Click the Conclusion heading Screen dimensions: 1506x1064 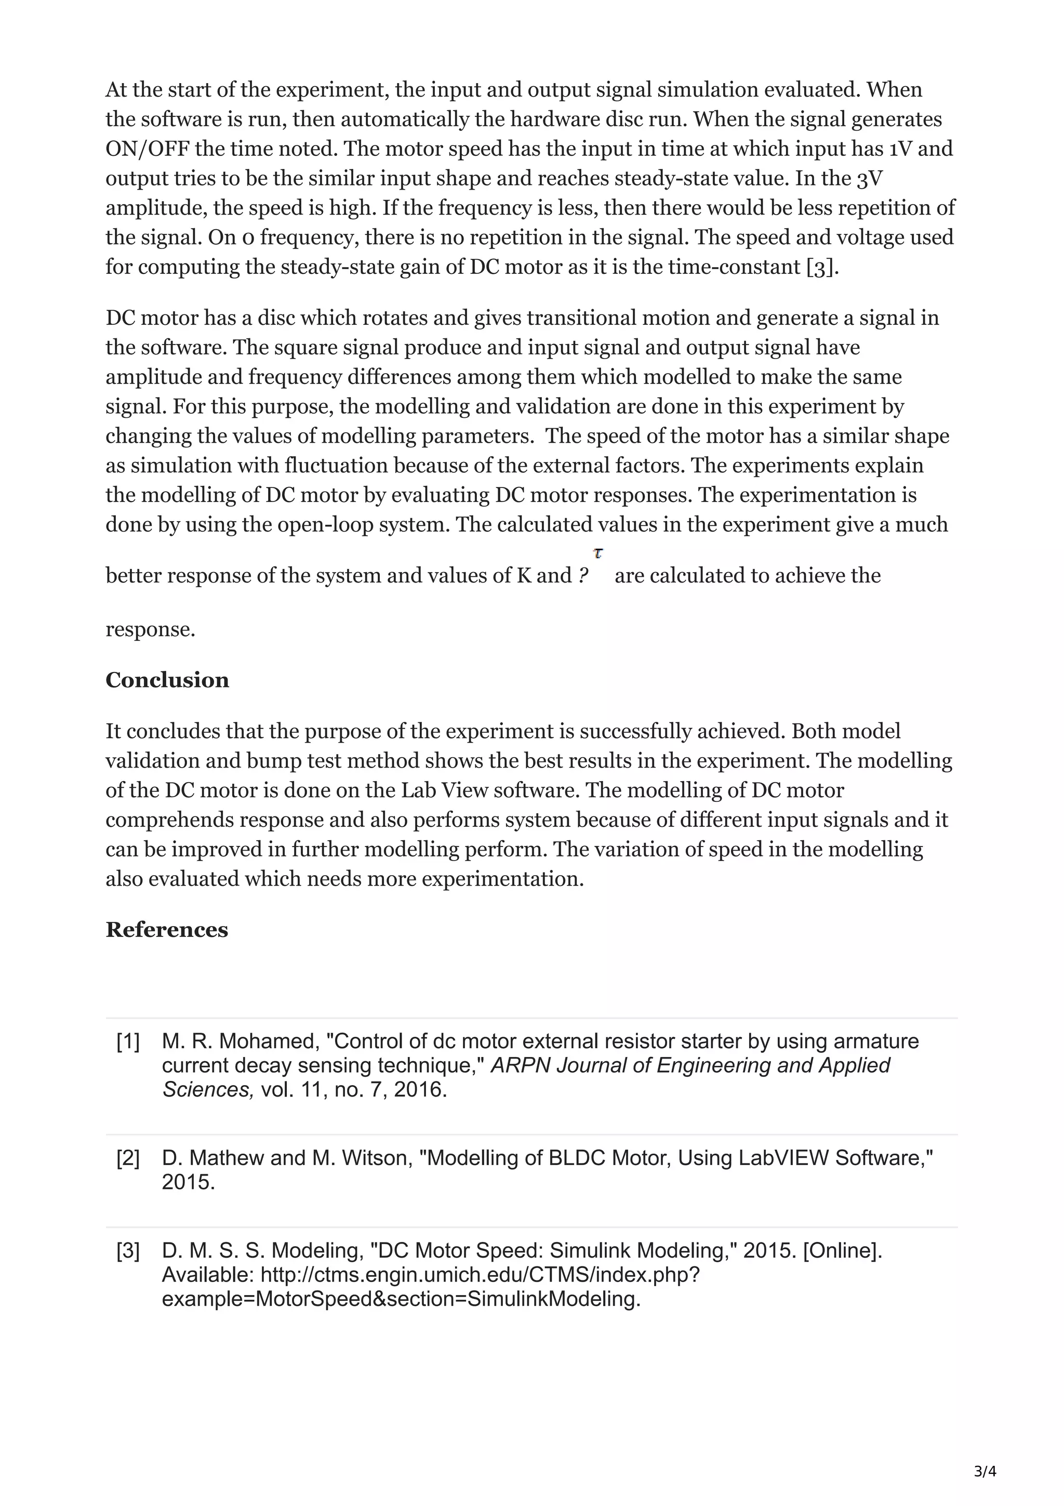167,680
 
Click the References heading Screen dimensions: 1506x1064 167,930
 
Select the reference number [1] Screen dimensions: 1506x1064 128,1041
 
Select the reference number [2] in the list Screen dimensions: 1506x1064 128,1158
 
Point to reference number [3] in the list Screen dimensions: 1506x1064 128,1251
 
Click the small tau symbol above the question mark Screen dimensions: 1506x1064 598,553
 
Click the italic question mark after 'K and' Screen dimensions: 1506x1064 583,576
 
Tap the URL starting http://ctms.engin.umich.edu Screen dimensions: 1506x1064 480,1275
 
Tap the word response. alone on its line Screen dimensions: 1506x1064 150,630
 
